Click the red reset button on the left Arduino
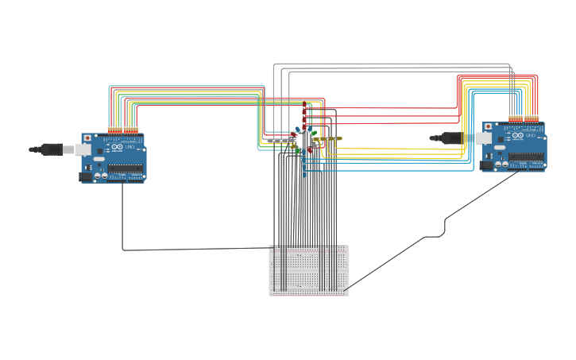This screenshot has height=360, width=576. coord(87,138)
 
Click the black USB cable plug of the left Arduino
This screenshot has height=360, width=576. coord(48,149)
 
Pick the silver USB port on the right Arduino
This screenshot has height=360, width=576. coord(484,137)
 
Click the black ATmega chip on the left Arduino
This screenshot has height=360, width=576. coord(126,168)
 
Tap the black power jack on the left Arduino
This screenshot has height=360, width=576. coord(86,177)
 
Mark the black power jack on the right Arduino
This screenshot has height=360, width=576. coord(485,166)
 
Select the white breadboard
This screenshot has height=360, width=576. coord(308,271)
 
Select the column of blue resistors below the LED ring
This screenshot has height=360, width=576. coord(304,163)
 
